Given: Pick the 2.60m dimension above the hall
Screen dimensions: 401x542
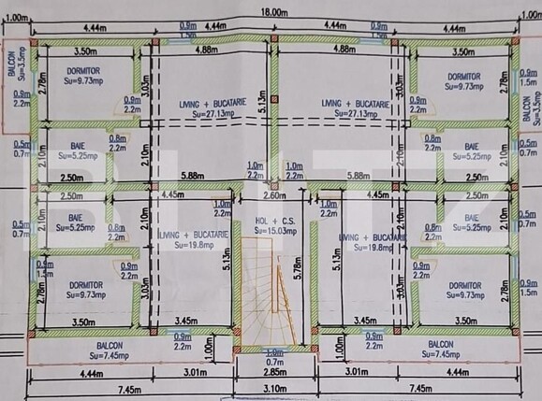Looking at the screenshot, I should tap(273, 196).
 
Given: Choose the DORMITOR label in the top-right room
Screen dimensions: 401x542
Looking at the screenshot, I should tap(465, 77).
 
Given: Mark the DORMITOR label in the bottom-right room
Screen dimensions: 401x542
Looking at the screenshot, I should tap(465, 285).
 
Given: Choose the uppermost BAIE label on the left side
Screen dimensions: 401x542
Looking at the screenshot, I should tap(77, 147).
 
